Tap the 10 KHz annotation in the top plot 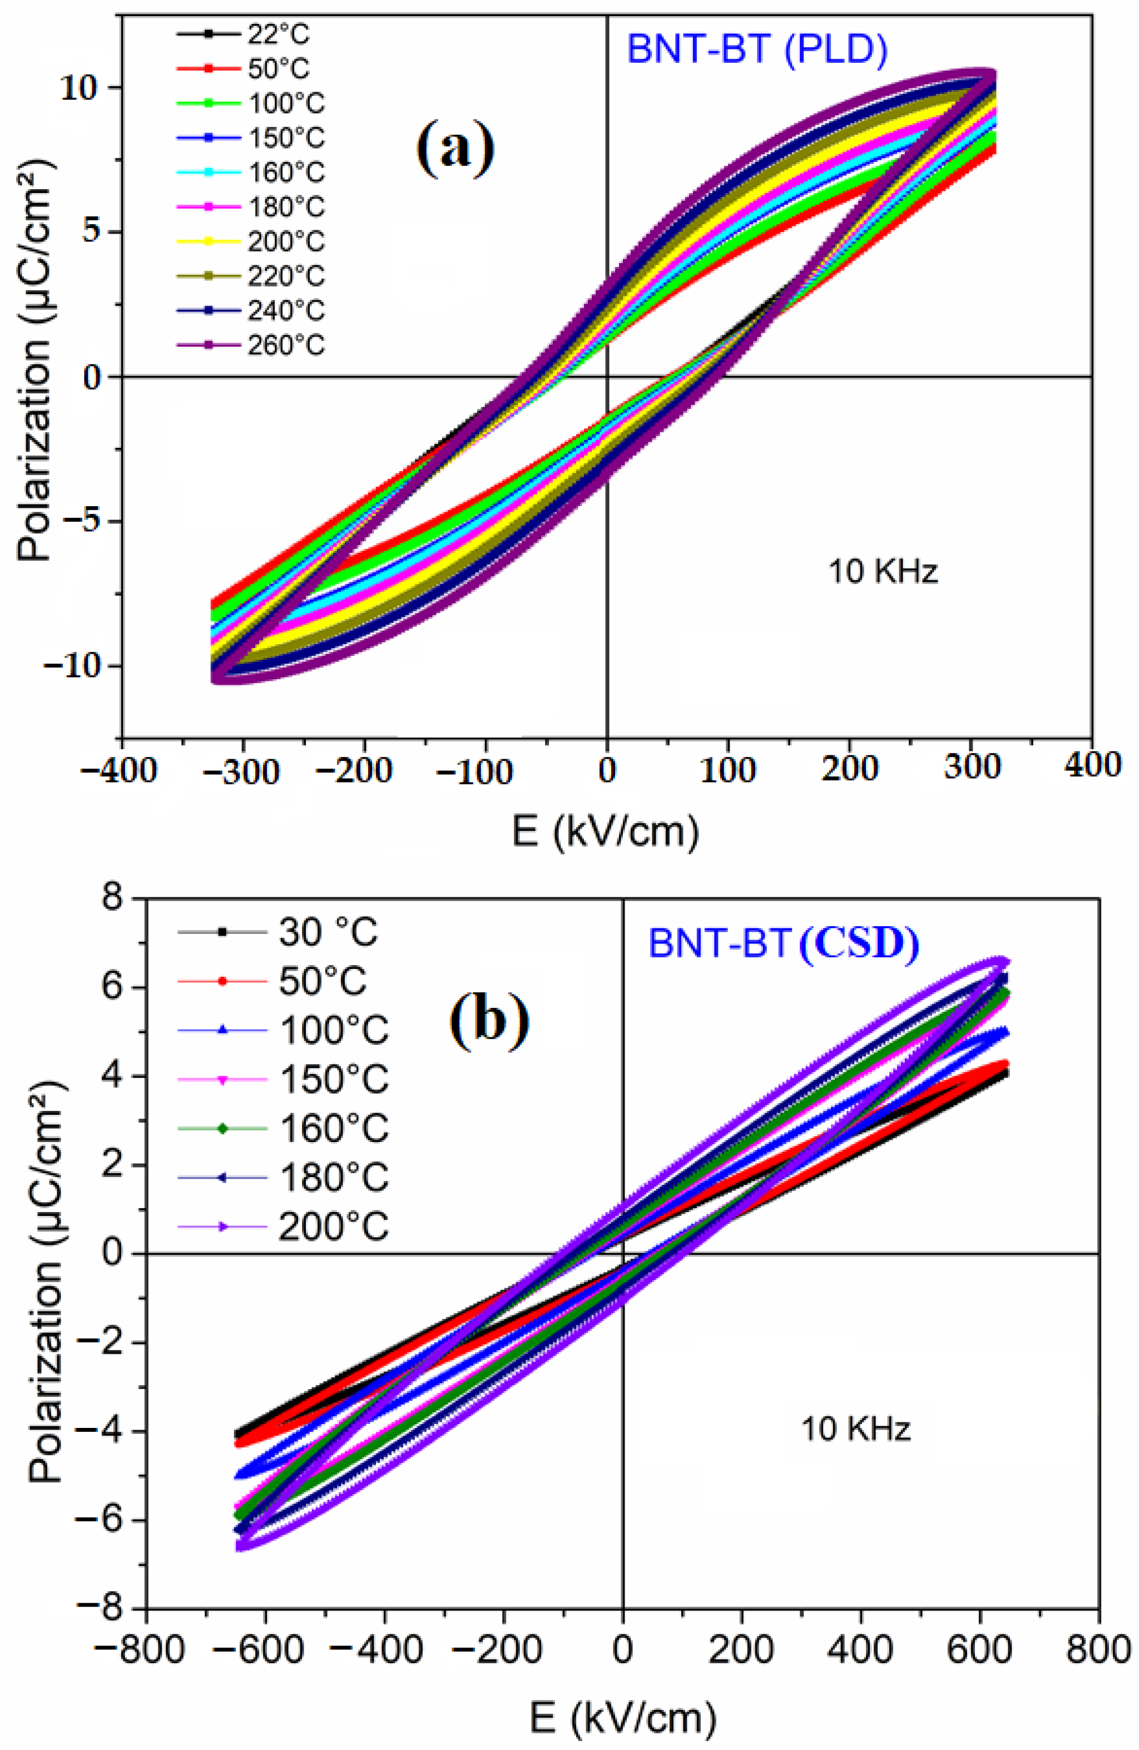[883, 571]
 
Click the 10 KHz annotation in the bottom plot [855, 1428]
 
